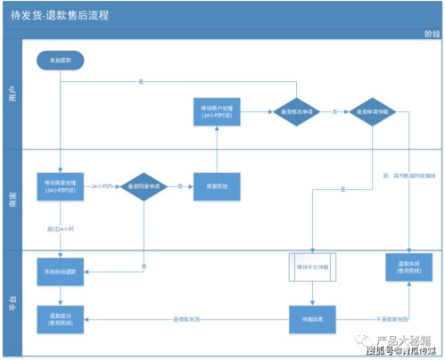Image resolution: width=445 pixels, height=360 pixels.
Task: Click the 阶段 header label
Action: (431, 33)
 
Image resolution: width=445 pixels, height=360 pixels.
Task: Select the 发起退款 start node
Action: (60, 59)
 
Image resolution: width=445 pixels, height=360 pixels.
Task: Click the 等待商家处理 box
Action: (60, 186)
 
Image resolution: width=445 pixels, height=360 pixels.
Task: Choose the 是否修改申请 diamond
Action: (297, 112)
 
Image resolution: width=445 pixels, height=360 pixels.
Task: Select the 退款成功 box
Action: (60, 318)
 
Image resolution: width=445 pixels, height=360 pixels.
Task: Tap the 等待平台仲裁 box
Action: (312, 267)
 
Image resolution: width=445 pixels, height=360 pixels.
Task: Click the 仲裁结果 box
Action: (312, 318)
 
